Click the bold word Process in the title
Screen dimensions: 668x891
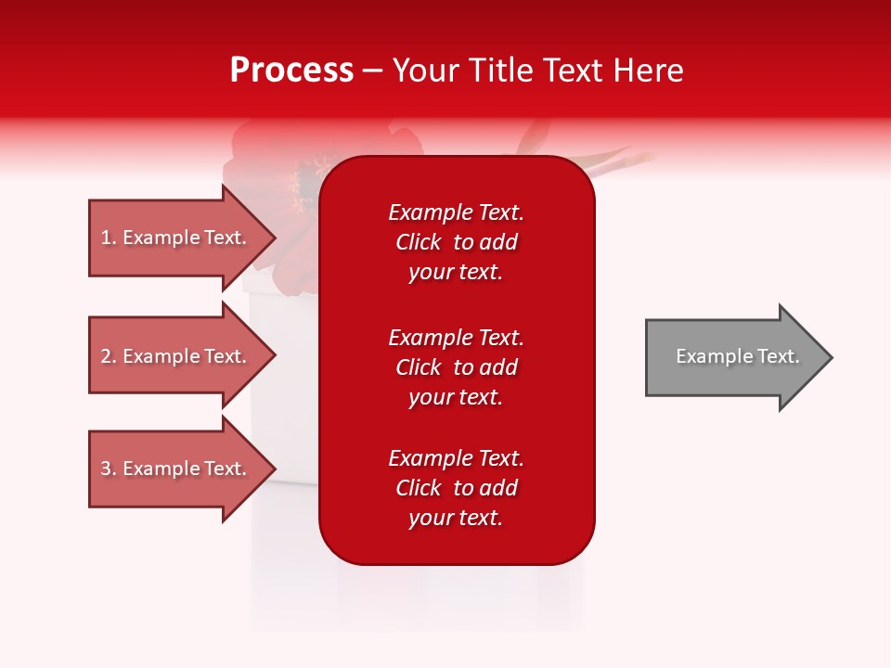point(291,71)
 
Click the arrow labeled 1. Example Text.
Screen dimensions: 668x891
point(176,238)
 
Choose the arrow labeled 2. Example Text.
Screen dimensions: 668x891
point(176,356)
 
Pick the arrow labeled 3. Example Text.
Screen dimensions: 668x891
point(176,469)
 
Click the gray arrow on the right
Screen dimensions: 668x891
point(733,356)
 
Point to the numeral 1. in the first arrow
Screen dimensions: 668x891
point(108,238)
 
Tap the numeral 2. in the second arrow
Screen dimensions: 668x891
point(108,356)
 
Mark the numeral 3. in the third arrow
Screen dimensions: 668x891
point(108,469)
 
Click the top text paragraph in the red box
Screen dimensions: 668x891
point(456,242)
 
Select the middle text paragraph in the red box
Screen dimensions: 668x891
point(456,367)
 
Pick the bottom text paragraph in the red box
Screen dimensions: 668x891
point(456,488)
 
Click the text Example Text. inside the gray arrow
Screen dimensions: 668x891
point(737,356)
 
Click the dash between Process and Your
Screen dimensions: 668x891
point(372,71)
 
